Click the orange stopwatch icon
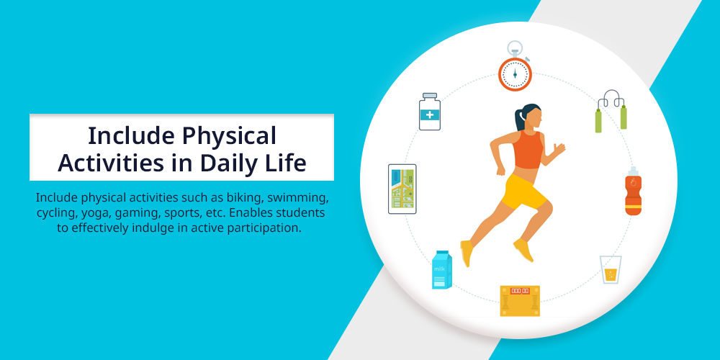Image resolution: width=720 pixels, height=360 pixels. tap(515, 71)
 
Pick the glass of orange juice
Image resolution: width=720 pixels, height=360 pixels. tap(611, 269)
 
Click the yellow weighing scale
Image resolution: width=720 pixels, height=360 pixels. tap(520, 301)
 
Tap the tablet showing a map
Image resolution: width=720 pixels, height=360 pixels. tap(402, 189)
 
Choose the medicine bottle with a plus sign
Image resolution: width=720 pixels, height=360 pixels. tap(430, 112)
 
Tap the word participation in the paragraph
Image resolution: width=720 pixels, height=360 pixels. tap(264, 228)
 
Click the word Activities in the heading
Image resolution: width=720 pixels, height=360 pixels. tap(111, 163)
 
